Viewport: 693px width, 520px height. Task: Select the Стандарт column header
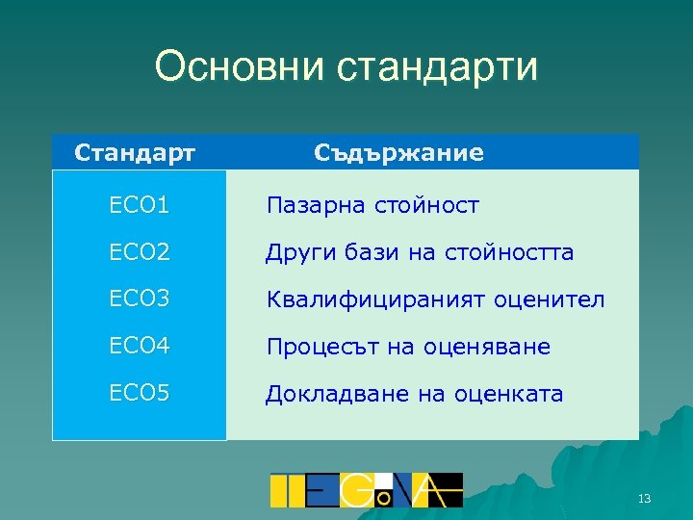tap(136, 153)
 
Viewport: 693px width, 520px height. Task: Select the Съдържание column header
tap(399, 153)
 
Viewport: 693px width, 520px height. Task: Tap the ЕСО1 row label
tap(140, 205)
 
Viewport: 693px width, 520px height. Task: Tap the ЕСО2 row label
tap(140, 252)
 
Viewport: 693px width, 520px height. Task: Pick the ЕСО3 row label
tap(140, 299)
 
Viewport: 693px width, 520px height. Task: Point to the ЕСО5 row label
tap(140, 394)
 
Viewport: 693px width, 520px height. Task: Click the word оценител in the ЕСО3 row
tap(550, 299)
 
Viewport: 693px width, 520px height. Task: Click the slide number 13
tap(645, 498)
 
